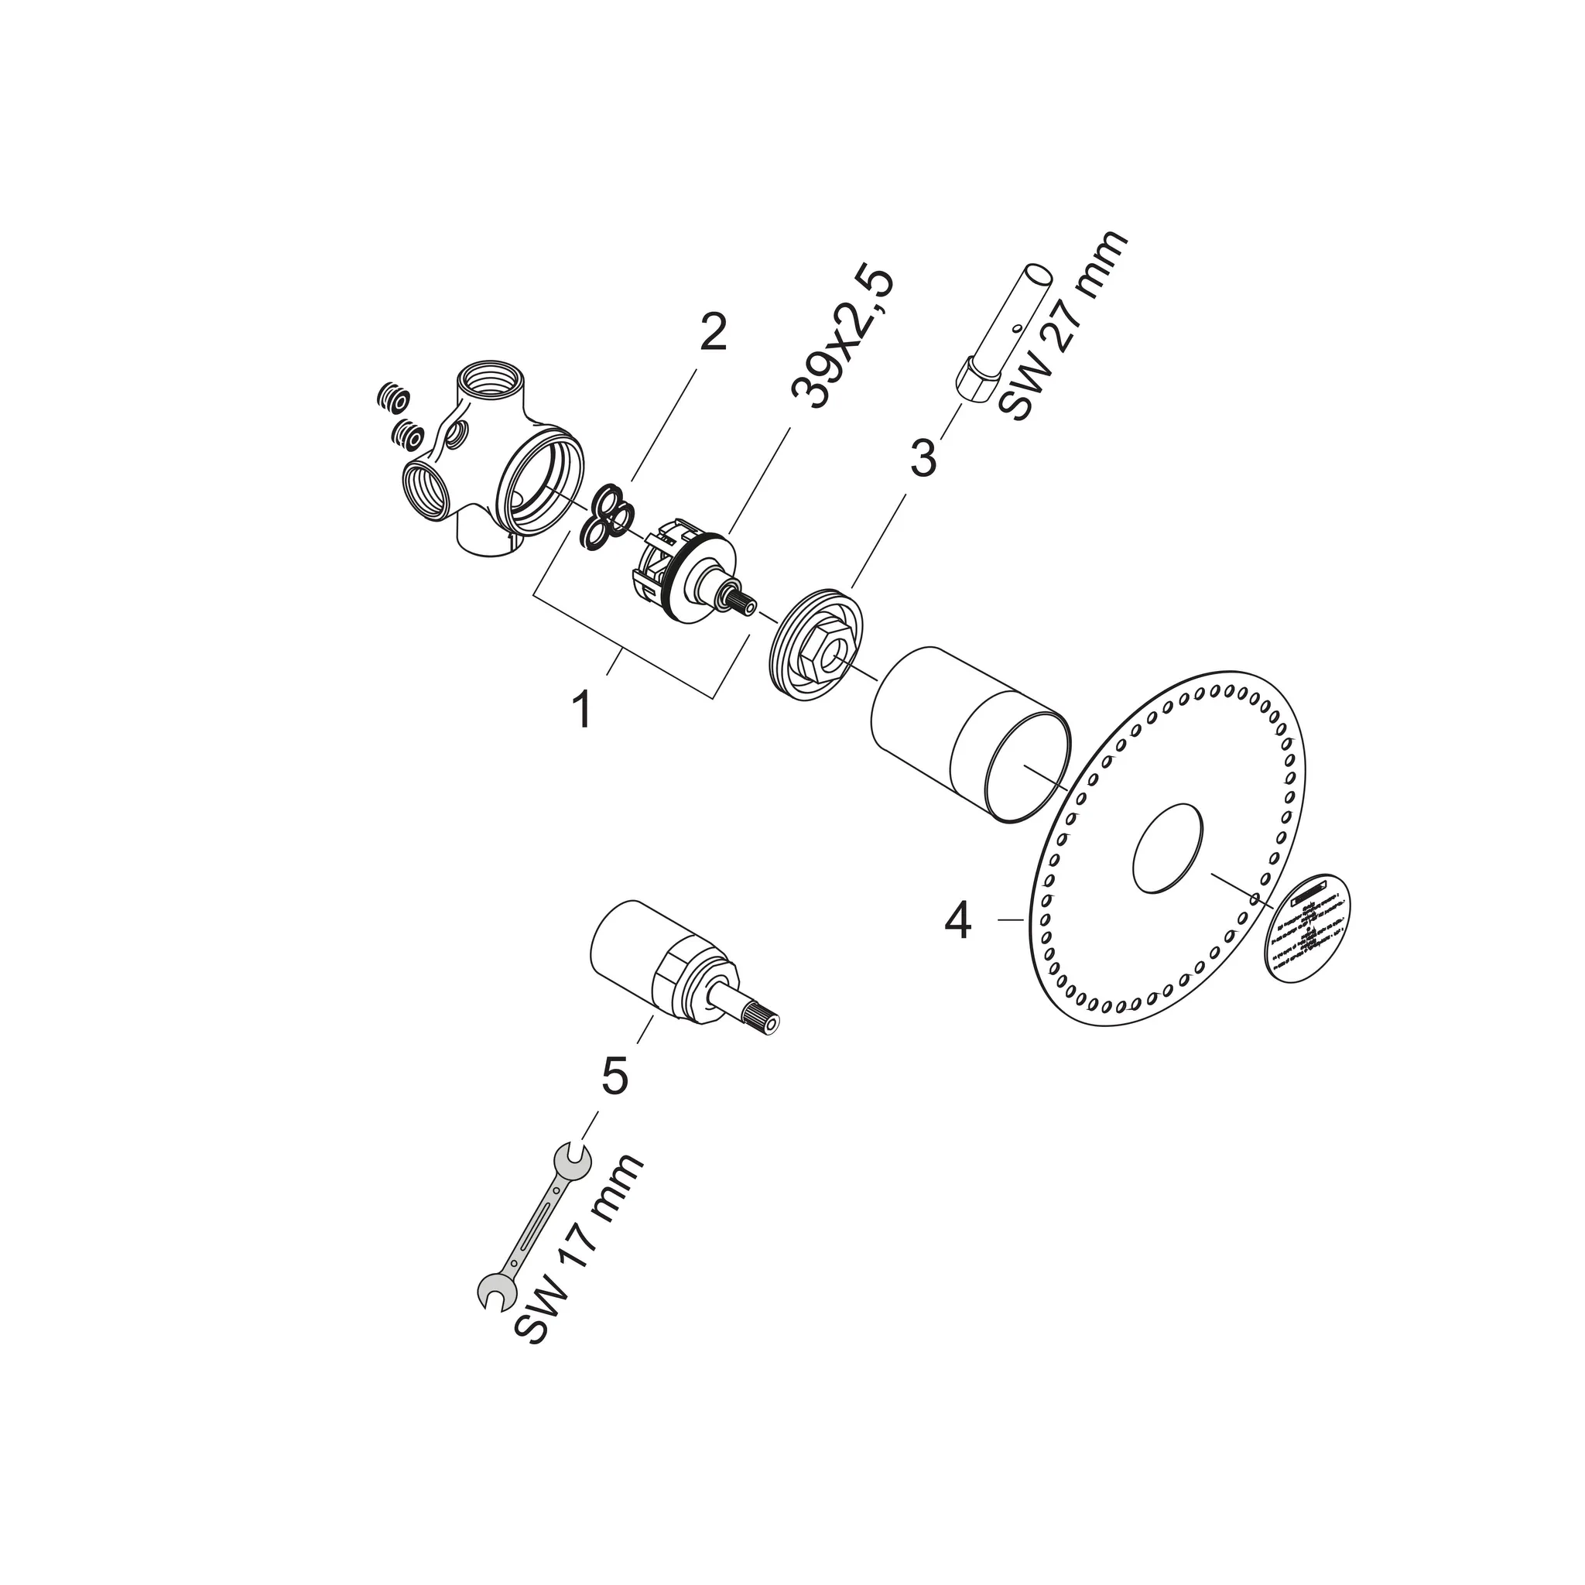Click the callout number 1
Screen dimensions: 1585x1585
(x=582, y=710)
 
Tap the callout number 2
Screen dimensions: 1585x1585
(x=711, y=333)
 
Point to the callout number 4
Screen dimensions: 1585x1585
(x=957, y=921)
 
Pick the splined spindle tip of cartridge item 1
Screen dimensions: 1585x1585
(x=741, y=602)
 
